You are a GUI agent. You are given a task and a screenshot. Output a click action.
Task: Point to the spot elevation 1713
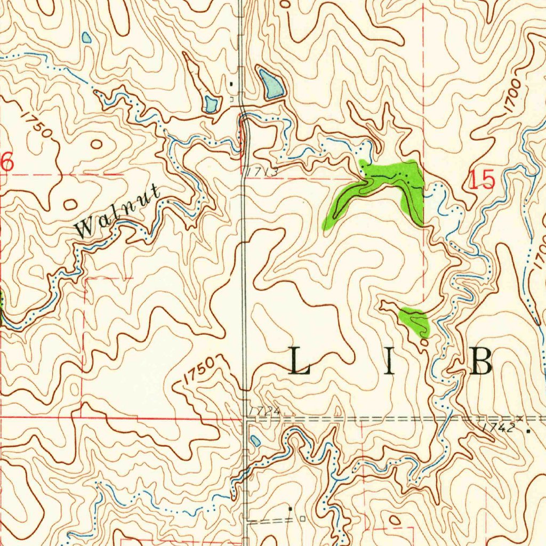pos(262,172)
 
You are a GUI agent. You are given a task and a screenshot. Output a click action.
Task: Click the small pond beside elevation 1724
pos(256,441)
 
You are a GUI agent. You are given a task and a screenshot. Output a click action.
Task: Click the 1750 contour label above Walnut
pos(37,124)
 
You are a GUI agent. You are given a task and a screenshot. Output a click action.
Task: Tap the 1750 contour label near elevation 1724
pos(200,371)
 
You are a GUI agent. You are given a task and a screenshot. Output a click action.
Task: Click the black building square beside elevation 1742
pos(528,429)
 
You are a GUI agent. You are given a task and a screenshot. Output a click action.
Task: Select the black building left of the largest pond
pos(231,84)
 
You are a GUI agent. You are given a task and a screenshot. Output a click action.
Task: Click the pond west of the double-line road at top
pos(210,103)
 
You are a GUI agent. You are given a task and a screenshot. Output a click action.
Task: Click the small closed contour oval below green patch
pos(424,344)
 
